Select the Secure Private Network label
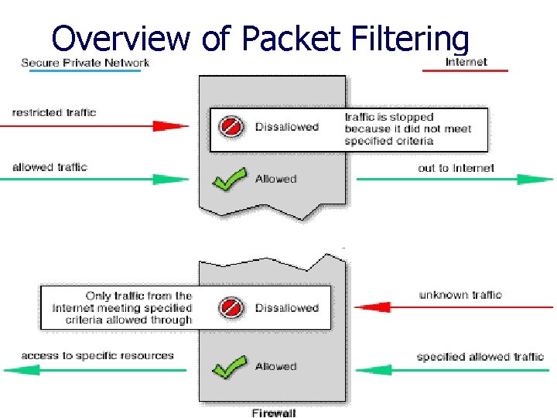click(85, 63)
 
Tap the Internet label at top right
click(466, 62)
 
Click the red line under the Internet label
click(465, 71)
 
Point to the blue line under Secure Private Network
click(85, 71)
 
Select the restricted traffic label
click(54, 112)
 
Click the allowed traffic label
click(50, 166)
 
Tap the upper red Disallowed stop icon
click(231, 127)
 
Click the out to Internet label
click(456, 168)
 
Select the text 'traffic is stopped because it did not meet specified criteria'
click(408, 129)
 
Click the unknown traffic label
click(460, 295)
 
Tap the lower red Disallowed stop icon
click(231, 307)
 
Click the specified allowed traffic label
click(480, 357)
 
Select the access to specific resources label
click(97, 356)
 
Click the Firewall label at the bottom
click(273, 413)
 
